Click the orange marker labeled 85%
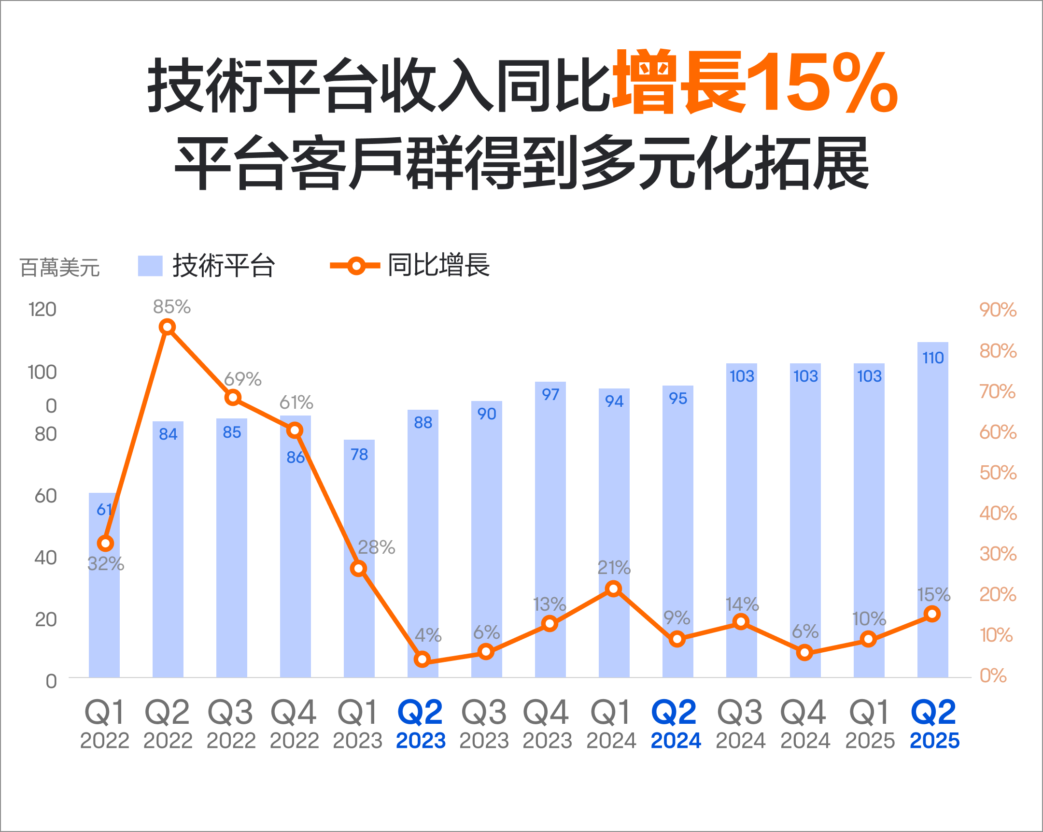pos(167,327)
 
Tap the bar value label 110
pos(933,358)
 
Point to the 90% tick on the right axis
pos(998,310)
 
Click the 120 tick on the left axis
pos(42,309)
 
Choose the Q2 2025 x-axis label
pos(934,723)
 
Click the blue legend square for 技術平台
pos(150,266)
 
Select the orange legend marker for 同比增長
pos(355,266)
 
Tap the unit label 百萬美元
pos(59,267)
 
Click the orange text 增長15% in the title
pos(755,82)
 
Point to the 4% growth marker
pos(423,659)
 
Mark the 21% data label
pos(614,567)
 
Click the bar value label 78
pos(359,455)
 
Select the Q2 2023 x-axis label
pos(421,723)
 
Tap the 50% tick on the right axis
pos(998,473)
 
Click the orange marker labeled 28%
pos(358,568)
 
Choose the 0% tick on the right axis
pos(993,675)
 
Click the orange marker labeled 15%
pos(932,614)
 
